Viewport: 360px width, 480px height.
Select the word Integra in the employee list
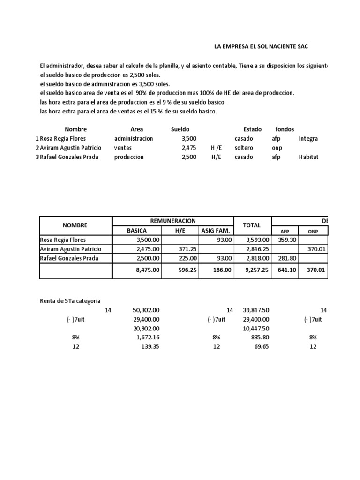pyautogui.click(x=308, y=139)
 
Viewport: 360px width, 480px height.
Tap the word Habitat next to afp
pyautogui.click(x=308, y=157)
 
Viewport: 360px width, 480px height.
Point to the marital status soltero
pyautogui.click(x=244, y=148)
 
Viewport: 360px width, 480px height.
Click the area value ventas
pyautogui.click(x=123, y=148)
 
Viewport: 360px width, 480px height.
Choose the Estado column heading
pyautogui.click(x=246, y=129)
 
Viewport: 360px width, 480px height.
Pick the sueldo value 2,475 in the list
pyautogui.click(x=189, y=148)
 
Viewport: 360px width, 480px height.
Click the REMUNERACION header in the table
pyautogui.click(x=172, y=221)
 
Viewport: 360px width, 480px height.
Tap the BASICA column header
pyautogui.click(x=137, y=231)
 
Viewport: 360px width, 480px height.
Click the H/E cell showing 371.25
pyautogui.click(x=186, y=249)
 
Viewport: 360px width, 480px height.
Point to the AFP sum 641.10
pyautogui.click(x=285, y=270)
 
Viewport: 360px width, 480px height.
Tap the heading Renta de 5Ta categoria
pyautogui.click(x=70, y=301)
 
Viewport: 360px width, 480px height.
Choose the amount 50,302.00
pyautogui.click(x=147, y=310)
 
